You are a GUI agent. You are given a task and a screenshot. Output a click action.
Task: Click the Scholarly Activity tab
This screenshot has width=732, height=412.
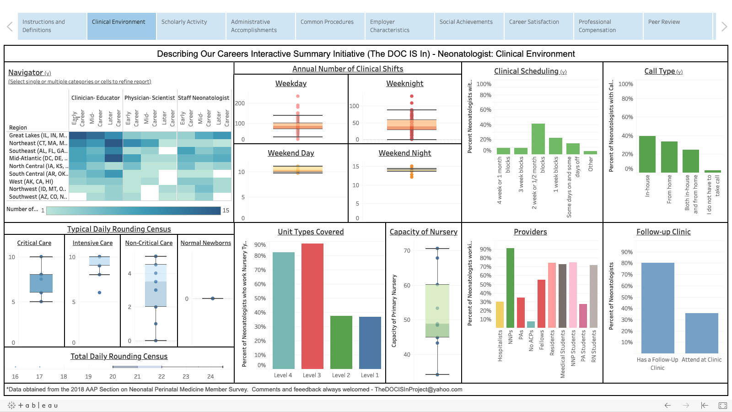tap(184, 22)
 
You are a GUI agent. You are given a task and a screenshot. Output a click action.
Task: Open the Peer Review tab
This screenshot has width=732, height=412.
tap(664, 22)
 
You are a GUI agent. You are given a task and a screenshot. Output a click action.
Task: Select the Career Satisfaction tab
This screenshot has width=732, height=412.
tap(534, 22)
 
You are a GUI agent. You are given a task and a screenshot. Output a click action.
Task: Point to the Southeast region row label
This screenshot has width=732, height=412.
tap(38, 151)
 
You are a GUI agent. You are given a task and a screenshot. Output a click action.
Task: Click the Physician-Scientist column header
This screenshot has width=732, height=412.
tap(149, 98)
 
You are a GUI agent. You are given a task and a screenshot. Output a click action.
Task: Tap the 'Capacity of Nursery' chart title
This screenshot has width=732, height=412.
tap(423, 232)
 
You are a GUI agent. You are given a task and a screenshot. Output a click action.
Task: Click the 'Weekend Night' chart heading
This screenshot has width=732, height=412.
tap(404, 153)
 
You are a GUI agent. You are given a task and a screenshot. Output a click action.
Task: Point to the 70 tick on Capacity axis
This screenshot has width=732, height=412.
tap(407, 251)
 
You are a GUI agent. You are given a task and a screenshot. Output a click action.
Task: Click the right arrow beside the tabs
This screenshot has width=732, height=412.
tap(724, 27)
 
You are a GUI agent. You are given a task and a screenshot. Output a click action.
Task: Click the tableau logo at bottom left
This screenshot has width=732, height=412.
tap(33, 405)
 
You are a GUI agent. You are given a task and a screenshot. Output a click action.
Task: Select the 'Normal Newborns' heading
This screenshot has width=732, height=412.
tap(205, 243)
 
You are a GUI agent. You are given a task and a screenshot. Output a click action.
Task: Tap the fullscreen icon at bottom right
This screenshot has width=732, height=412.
tap(722, 405)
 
